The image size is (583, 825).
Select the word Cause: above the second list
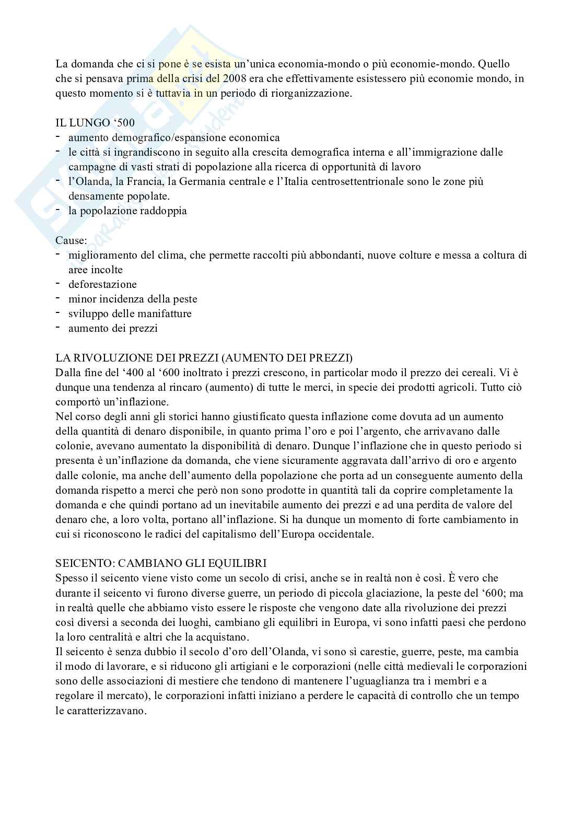[72, 241]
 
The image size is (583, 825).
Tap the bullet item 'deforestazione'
[102, 285]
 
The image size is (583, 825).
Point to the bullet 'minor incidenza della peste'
[133, 299]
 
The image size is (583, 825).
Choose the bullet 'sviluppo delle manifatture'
[130, 314]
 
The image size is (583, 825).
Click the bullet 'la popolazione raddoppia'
[127, 212]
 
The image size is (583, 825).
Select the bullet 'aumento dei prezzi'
[113, 329]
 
